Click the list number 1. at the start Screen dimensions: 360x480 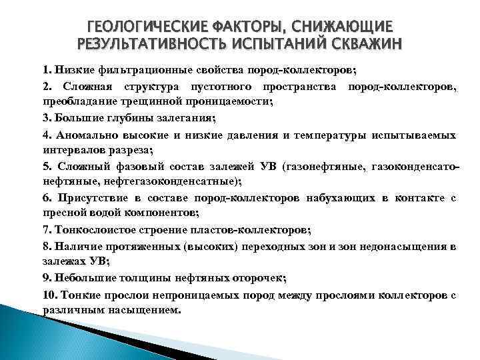click(47, 69)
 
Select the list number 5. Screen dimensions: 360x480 click(47, 167)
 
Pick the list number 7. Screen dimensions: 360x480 click(47, 230)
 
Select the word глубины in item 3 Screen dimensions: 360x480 click(123, 119)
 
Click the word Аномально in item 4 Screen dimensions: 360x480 click(86, 135)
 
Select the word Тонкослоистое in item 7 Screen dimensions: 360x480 click(90, 230)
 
